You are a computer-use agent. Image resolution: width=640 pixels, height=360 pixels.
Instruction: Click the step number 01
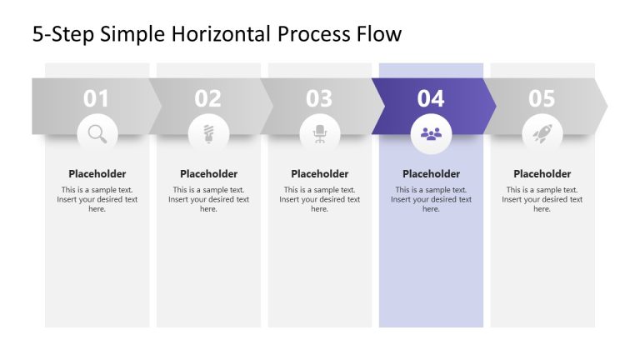click(x=97, y=99)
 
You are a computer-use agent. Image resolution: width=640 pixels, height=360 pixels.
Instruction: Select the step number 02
click(x=208, y=99)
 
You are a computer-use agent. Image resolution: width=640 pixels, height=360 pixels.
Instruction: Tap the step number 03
click(x=319, y=99)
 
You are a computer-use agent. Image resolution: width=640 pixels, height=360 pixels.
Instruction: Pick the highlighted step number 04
click(x=431, y=99)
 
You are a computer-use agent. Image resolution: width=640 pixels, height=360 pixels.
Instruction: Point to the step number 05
click(x=542, y=99)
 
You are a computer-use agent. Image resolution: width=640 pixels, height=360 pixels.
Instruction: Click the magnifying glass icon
click(x=97, y=133)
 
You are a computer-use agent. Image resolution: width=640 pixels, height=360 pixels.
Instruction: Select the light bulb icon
click(x=208, y=133)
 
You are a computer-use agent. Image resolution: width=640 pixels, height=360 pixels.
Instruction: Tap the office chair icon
click(x=320, y=133)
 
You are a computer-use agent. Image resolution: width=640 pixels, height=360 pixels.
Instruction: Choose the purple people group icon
click(x=431, y=133)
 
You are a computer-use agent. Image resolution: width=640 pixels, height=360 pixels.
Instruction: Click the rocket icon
click(x=542, y=133)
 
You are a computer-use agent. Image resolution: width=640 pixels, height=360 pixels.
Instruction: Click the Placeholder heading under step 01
click(x=97, y=174)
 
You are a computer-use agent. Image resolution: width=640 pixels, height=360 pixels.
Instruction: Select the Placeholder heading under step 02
click(x=208, y=174)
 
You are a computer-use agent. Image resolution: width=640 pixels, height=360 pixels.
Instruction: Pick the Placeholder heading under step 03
click(x=320, y=174)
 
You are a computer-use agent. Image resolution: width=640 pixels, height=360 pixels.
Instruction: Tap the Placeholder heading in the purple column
click(x=431, y=174)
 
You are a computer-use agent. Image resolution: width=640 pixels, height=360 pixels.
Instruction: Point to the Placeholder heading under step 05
click(x=542, y=174)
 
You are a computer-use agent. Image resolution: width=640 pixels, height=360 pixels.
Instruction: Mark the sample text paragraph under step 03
click(x=320, y=199)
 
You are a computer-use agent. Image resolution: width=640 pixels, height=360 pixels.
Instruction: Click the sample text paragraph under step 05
click(x=542, y=199)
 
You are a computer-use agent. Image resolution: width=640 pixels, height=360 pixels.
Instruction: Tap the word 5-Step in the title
click(x=62, y=35)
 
